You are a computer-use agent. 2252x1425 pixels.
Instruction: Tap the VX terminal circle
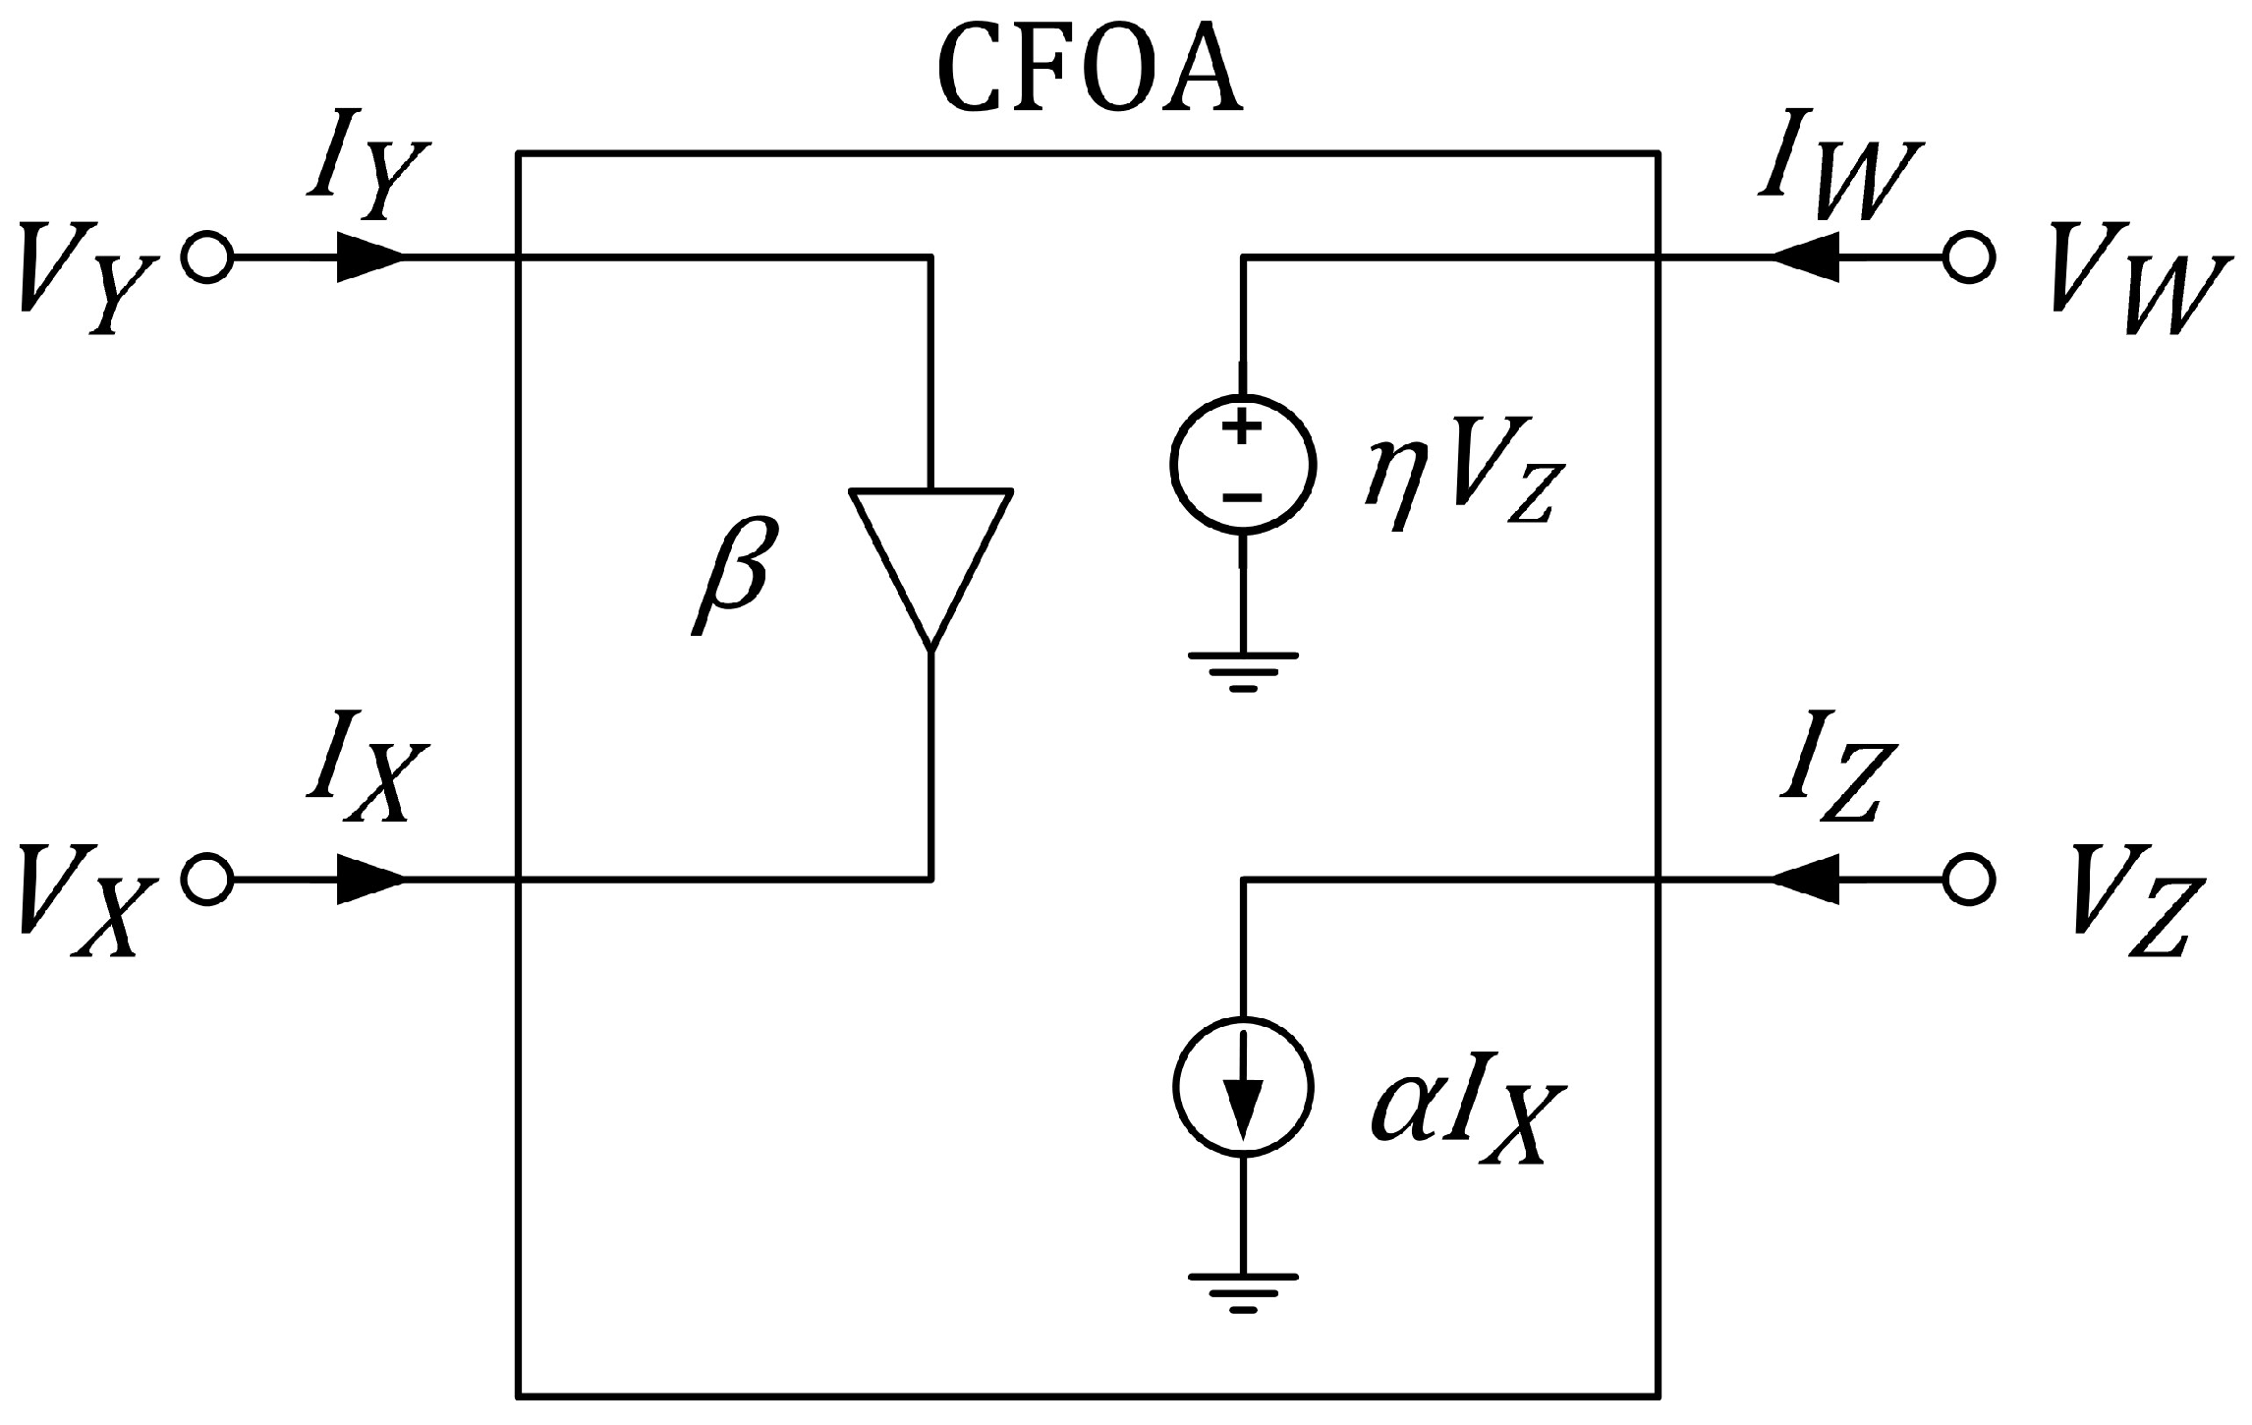206,880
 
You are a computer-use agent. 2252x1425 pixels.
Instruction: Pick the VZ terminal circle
1968,880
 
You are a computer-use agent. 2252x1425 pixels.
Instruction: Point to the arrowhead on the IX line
368,880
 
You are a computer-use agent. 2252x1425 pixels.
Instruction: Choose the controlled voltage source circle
1242,464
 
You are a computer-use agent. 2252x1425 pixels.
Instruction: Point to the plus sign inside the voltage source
1242,428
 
